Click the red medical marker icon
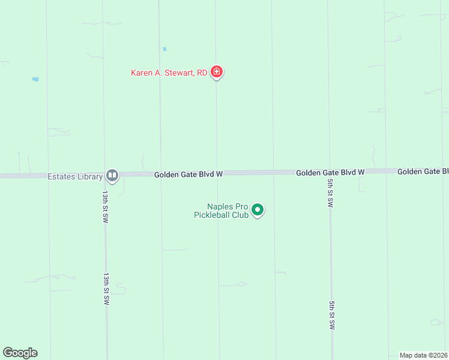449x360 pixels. (217, 73)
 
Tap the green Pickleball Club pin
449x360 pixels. (258, 210)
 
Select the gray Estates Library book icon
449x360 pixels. (112, 175)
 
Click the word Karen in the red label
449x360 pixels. (142, 73)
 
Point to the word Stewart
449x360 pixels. (177, 73)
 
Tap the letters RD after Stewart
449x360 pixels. (202, 73)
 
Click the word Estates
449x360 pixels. (61, 176)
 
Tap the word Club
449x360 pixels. (241, 214)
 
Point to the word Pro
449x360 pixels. (241, 206)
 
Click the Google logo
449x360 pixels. (20, 353)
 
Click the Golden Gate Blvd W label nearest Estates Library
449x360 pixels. (188, 174)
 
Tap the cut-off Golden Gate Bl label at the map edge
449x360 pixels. (423, 172)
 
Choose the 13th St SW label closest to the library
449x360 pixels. (105, 207)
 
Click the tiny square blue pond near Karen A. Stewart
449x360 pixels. (164, 49)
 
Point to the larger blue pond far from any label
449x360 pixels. (35, 79)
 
